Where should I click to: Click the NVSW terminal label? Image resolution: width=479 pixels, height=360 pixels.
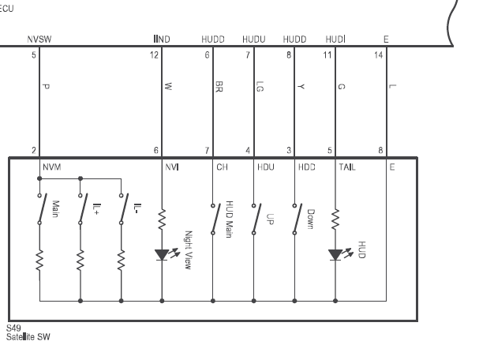pos(39,39)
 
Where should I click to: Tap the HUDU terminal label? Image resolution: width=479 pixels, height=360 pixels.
pos(254,39)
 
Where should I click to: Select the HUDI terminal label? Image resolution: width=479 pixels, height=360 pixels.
pos(335,39)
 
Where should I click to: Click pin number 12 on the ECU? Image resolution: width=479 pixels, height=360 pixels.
pos(154,55)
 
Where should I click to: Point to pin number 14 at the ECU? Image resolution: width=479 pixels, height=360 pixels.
pos(378,55)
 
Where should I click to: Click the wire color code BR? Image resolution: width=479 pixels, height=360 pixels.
pos(219,87)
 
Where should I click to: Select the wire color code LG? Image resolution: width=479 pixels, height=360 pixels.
pos(260,87)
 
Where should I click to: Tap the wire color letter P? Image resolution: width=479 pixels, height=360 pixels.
pos(46,87)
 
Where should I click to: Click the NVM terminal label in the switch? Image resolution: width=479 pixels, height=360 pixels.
pos(52,167)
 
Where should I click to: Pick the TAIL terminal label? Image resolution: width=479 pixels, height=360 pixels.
pos(347,167)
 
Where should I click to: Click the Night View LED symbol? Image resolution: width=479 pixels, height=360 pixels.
pos(163,255)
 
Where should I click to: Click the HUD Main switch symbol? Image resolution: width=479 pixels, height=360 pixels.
pos(215,219)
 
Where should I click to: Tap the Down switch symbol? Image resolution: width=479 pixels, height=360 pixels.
pos(297,219)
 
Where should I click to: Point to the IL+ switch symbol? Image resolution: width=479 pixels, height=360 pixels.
pos(83,209)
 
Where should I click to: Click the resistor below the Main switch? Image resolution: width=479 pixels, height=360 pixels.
pos(39,260)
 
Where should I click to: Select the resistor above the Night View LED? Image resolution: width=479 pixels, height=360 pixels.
pos(162,219)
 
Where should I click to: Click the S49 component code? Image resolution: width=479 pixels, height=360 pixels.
pos(13,328)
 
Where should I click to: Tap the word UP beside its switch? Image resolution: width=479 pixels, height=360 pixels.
pos(270,219)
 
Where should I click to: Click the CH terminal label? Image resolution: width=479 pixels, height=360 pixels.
pos(222,167)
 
